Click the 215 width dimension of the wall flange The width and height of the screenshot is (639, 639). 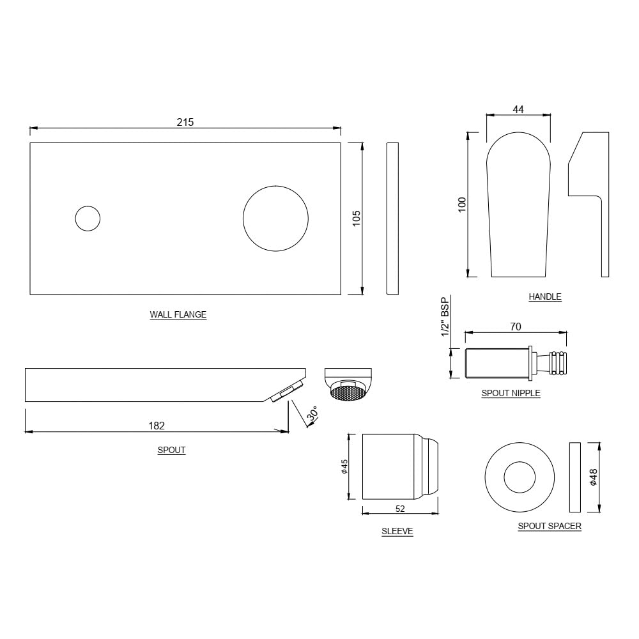point(185,122)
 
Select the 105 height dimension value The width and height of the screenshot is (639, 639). point(357,218)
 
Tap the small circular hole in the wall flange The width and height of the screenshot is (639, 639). point(88,219)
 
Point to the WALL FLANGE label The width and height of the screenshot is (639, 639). point(178,314)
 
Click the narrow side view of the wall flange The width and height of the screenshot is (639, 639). point(392,219)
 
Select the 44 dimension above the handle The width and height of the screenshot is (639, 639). point(518,109)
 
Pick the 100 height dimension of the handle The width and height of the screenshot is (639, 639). point(463,204)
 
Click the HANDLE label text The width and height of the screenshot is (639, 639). point(544,296)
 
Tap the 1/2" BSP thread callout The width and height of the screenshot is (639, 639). point(446,316)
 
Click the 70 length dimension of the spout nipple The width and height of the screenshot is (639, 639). point(516,327)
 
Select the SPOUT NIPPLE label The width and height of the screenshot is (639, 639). point(511,393)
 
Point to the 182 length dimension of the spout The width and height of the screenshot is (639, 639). point(157,426)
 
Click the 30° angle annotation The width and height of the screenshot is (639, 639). point(312,415)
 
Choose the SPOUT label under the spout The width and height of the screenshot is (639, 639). point(171,450)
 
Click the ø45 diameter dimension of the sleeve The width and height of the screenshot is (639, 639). point(344,467)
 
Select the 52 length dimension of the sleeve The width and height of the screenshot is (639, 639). point(400,509)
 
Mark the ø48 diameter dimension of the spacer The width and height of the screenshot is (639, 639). point(593,477)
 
